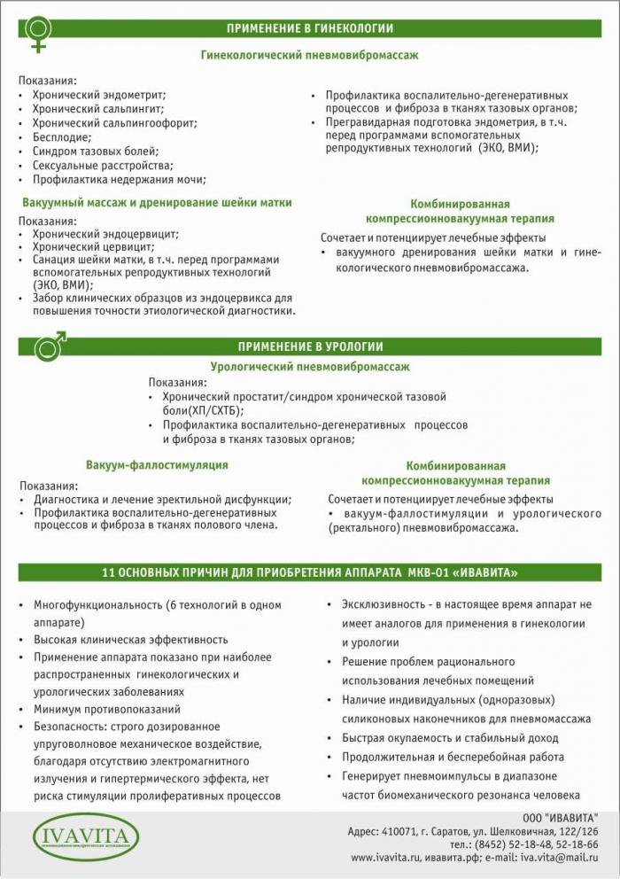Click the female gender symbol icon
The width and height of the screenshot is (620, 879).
pyautogui.click(x=39, y=33)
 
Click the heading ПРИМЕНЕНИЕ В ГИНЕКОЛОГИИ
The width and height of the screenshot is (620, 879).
pyautogui.click(x=309, y=28)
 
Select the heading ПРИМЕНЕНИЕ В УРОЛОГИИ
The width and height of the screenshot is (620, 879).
pyautogui.click(x=309, y=346)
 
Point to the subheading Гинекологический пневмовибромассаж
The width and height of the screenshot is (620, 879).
pyautogui.click(x=309, y=55)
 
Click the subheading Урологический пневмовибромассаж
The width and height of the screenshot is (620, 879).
pyautogui.click(x=309, y=366)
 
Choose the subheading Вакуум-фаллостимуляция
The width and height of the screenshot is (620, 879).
pyautogui.click(x=157, y=464)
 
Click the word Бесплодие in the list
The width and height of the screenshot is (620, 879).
pyautogui.click(x=62, y=137)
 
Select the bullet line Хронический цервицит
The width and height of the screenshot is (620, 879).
pyautogui.click(x=93, y=247)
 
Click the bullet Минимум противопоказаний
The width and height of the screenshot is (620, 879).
pyautogui.click(x=107, y=709)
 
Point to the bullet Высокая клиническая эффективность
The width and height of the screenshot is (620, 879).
pyautogui.click(x=131, y=639)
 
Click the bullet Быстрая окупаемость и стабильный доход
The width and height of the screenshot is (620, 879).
pyautogui.click(x=450, y=737)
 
